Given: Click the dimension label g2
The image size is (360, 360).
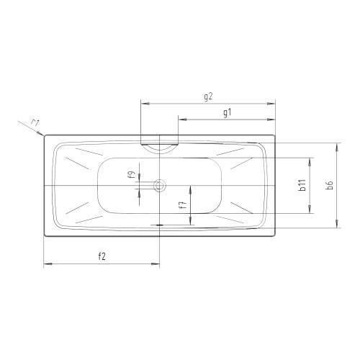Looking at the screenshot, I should coord(210,96).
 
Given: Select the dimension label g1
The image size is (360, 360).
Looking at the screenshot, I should coord(228,112).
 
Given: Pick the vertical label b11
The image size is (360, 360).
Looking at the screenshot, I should coord(303,186).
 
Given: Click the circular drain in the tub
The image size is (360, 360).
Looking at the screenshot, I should coord(159,186).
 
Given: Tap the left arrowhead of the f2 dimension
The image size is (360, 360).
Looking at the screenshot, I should coord(47,265).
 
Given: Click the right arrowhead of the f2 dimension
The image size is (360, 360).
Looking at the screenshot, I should coord(156,265).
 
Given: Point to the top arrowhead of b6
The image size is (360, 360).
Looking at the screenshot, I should coord(336,145).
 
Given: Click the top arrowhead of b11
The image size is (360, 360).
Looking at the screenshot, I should coord(310,161).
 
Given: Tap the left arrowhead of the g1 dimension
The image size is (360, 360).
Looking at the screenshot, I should coord(180,120).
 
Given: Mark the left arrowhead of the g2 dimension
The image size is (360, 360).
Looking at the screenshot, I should coord(142,103).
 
